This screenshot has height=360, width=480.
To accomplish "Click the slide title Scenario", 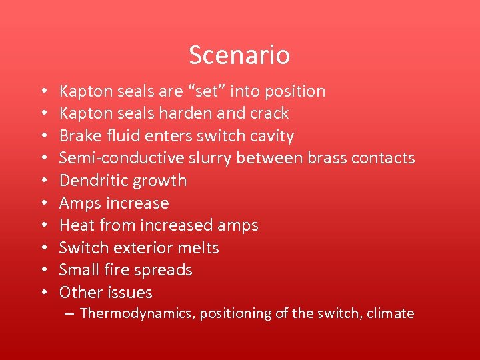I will click(239, 55).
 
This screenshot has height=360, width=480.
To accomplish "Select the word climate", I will click(391, 313).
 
